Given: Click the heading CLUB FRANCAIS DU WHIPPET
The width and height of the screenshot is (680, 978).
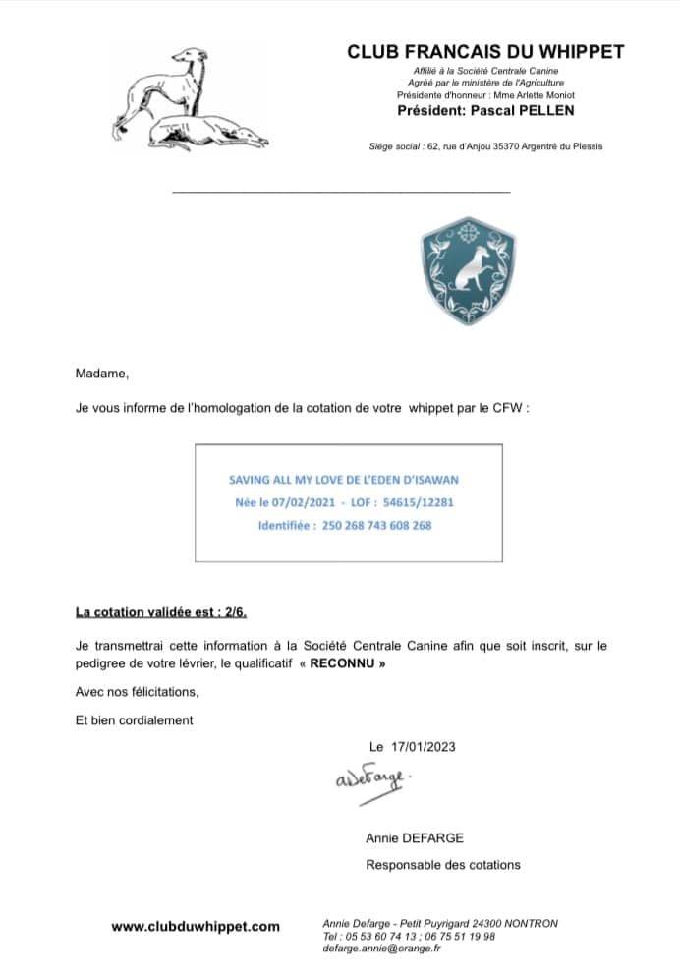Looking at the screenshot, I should (x=485, y=52).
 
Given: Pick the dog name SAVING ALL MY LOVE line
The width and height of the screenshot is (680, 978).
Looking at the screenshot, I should (x=344, y=480).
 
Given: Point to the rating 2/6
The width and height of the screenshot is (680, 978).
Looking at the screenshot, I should (x=234, y=612).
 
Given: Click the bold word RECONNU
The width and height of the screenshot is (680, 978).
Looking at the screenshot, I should (x=341, y=662).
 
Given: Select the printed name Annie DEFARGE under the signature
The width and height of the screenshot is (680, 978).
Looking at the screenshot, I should (x=414, y=838).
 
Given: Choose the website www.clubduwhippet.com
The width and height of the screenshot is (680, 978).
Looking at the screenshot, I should (x=196, y=926).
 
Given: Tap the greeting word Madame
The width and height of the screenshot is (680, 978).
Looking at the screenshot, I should (x=102, y=374).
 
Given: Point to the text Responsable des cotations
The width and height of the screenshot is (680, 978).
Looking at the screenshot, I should (x=443, y=865).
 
